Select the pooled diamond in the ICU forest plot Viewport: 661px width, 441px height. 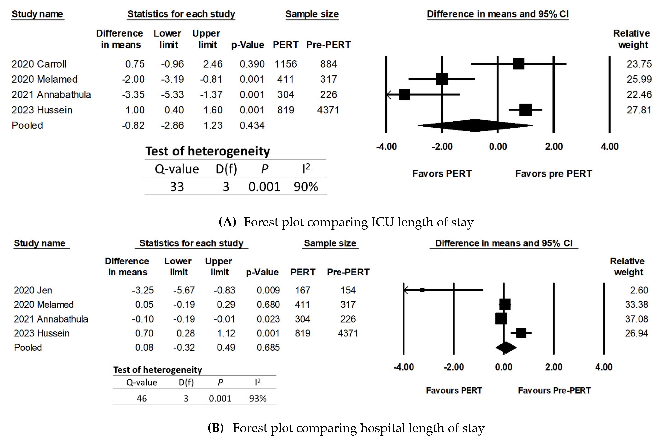pyautogui.click(x=475, y=125)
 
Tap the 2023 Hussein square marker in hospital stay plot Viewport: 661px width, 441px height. pyautogui.click(x=521, y=333)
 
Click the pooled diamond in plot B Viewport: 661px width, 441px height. pyautogui.click(x=505, y=348)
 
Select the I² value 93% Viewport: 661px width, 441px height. pyautogui.click(x=258, y=398)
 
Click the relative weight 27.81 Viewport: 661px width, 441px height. pyautogui.click(x=639, y=110)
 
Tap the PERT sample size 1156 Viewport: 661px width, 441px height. pyautogui.click(x=286, y=64)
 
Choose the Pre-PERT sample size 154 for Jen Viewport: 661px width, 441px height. pyautogui.click(x=348, y=290)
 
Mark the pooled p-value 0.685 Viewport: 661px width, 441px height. pyautogui.click(x=268, y=348)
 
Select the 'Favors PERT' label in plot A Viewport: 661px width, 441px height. pyautogui.click(x=442, y=174)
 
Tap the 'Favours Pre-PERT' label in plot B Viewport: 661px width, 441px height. pyautogui.click(x=554, y=390)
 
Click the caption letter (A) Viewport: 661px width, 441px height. pyautogui.click(x=227, y=222)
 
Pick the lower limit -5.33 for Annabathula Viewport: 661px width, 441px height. pyautogui.click(x=172, y=95)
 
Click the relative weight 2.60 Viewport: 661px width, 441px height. pyautogui.click(x=639, y=290)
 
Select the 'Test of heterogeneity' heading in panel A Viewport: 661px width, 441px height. pyautogui.click(x=208, y=151)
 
